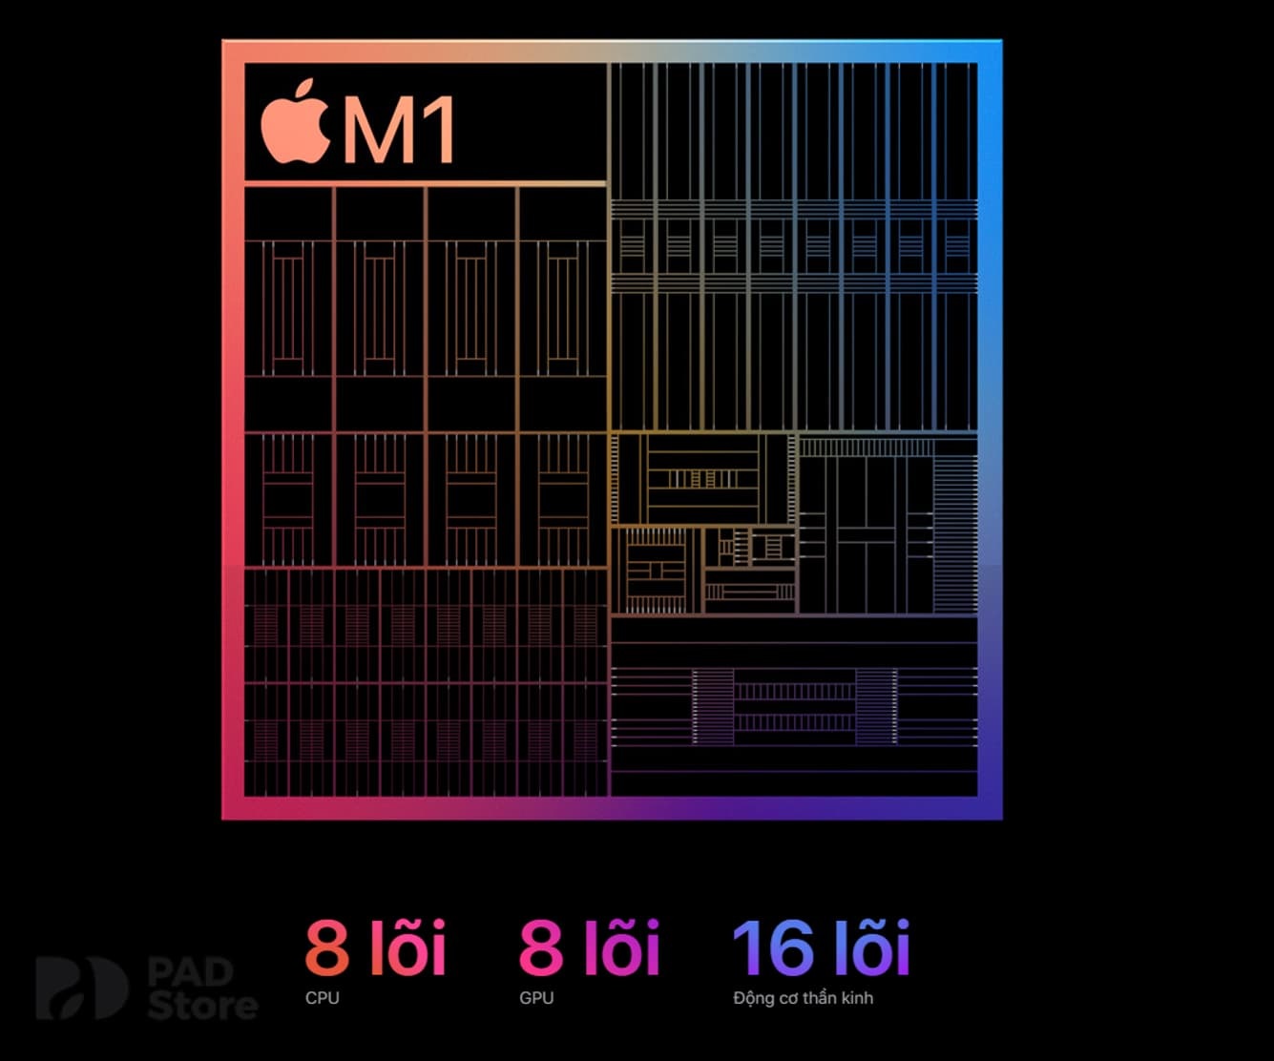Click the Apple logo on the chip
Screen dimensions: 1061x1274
click(x=296, y=127)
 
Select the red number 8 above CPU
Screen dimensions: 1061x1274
click(x=327, y=947)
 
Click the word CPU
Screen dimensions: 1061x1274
click(x=323, y=998)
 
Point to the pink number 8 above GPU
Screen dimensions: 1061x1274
click(x=541, y=947)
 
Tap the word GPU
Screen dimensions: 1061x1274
click(x=536, y=998)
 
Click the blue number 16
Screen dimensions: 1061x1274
click(x=773, y=947)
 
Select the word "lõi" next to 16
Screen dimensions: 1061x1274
click(x=871, y=947)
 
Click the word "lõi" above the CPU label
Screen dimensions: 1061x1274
click(x=407, y=947)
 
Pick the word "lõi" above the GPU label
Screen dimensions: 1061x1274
click(x=621, y=947)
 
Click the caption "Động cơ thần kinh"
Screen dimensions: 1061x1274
click(x=803, y=998)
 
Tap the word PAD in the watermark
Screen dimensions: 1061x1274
click(x=191, y=972)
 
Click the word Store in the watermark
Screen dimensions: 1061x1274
click(x=202, y=1005)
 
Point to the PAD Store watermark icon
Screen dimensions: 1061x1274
click(x=80, y=988)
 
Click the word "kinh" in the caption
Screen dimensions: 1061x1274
click(x=856, y=998)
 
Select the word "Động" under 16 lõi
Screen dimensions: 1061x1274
click(x=753, y=998)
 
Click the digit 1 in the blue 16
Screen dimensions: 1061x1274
click(x=747, y=947)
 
